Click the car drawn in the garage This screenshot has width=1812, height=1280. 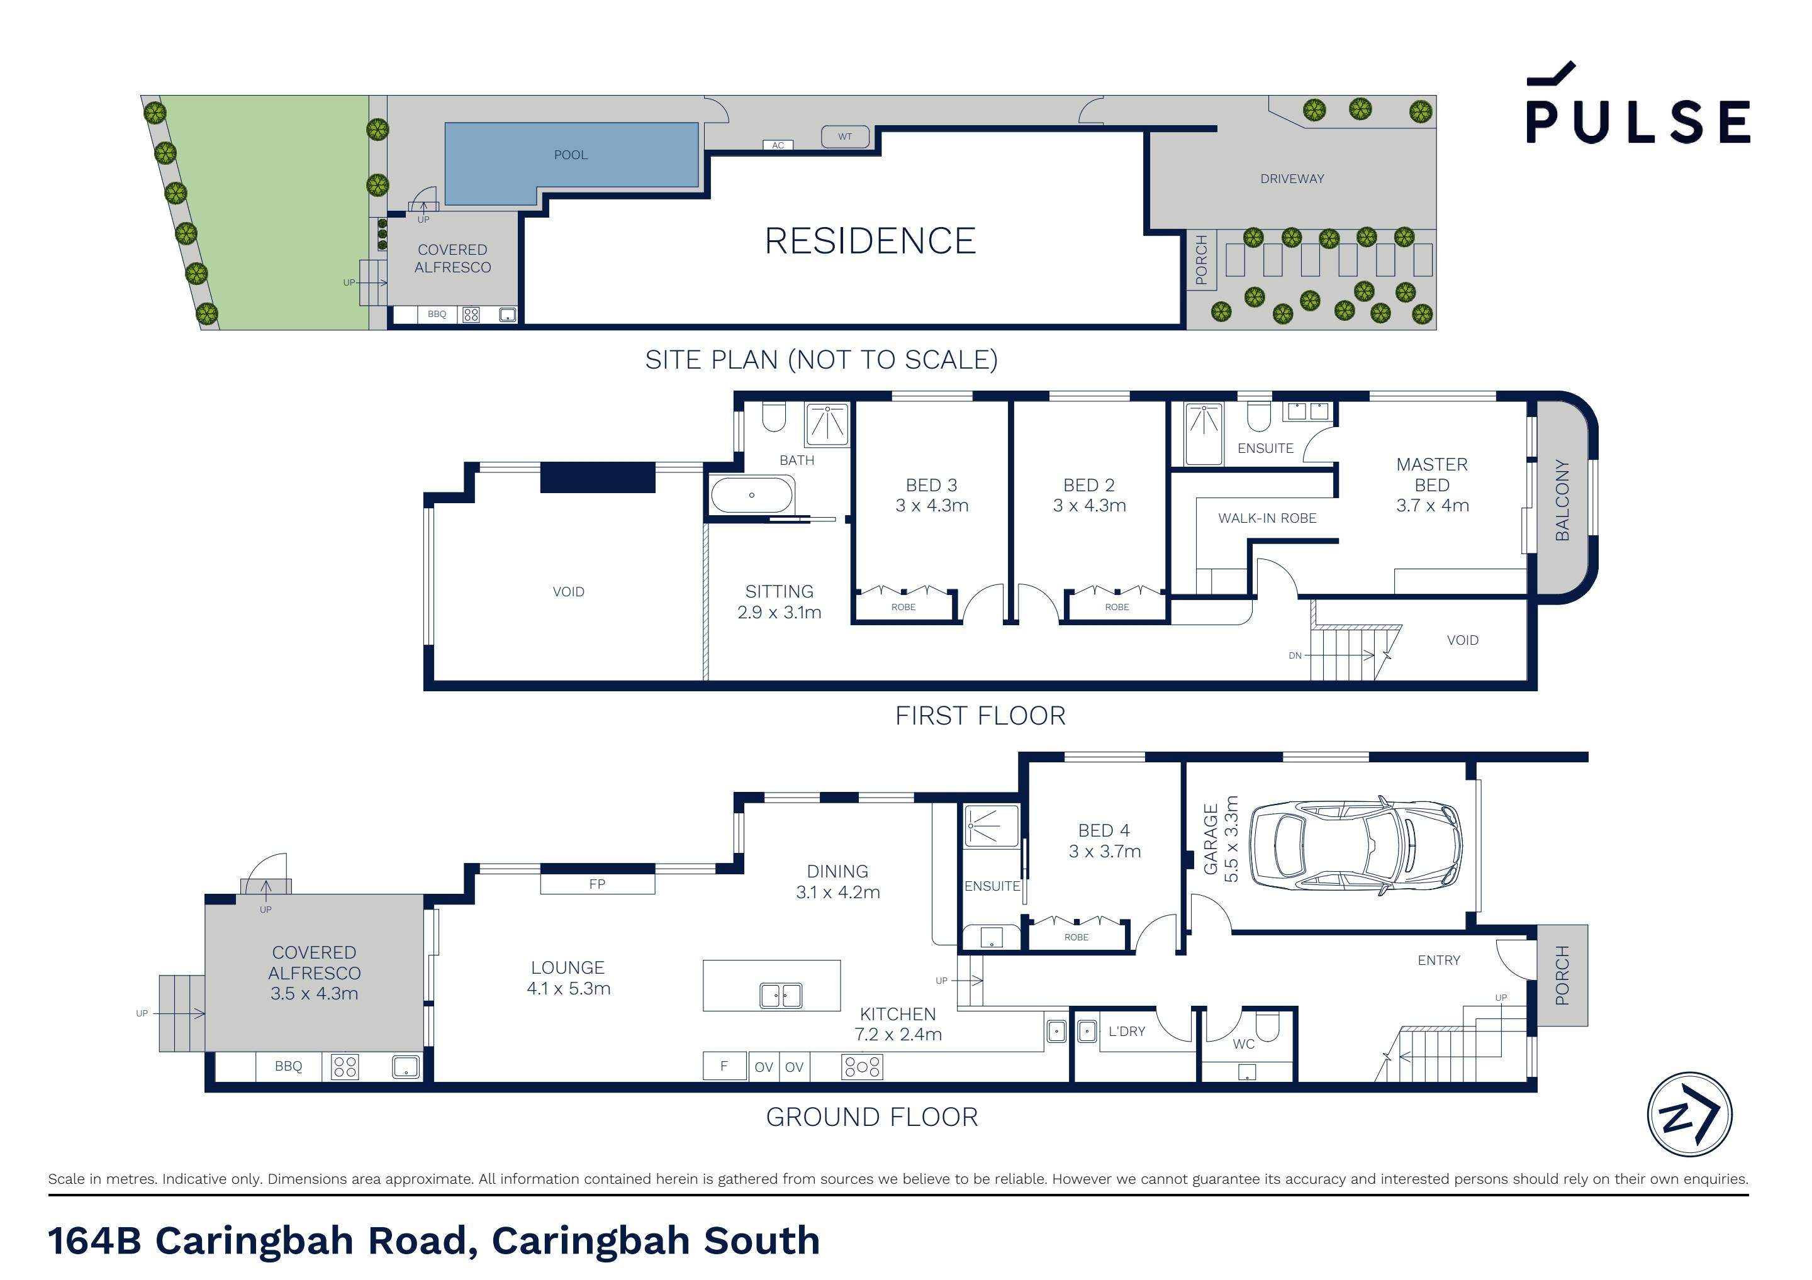point(1356,845)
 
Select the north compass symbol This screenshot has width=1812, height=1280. point(1690,1115)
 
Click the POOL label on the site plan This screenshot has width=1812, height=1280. point(571,155)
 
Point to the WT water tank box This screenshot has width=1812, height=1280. point(845,136)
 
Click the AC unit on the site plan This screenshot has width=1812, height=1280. point(778,145)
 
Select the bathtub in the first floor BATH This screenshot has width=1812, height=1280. point(751,496)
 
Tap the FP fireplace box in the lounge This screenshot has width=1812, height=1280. point(598,884)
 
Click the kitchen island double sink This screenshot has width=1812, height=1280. point(781,996)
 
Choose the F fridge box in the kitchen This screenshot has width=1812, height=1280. point(724,1066)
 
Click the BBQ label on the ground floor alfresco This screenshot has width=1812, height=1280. point(288,1066)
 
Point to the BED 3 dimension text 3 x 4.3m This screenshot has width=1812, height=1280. point(932,506)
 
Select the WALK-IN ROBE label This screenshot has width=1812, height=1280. point(1267,518)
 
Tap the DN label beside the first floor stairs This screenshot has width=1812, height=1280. point(1295,656)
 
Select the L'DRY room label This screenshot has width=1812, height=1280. point(1126,1032)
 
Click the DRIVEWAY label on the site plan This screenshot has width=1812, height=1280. point(1292,179)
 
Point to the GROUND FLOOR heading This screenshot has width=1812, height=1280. point(872,1118)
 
